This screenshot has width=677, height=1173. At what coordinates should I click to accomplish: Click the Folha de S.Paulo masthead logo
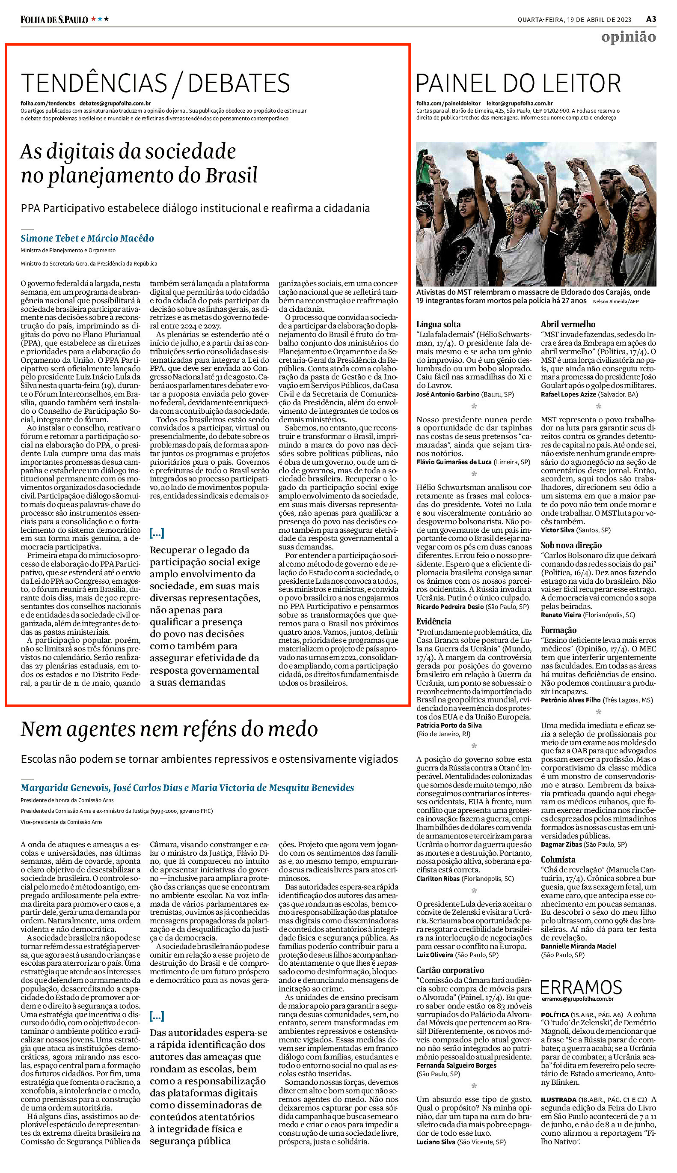[x=54, y=20]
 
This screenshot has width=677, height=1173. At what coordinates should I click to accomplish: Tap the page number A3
[x=651, y=19]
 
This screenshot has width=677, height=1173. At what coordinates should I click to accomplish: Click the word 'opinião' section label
[x=628, y=37]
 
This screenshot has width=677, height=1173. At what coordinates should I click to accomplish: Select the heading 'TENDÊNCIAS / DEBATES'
[x=155, y=84]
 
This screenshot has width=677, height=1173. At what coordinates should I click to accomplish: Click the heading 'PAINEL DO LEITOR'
[x=518, y=84]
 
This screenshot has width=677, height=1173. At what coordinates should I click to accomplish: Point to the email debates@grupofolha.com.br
[x=115, y=103]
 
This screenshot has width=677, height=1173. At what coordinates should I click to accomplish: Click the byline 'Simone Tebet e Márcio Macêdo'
[x=87, y=238]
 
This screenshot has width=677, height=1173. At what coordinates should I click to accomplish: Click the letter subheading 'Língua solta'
[x=438, y=324]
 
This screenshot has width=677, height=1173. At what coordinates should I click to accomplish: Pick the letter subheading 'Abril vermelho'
[x=568, y=324]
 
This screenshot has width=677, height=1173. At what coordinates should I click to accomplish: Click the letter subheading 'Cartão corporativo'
[x=450, y=970]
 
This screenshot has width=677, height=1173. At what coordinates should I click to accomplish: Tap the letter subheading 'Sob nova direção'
[x=571, y=545]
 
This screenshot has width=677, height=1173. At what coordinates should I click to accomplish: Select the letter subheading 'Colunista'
[x=558, y=860]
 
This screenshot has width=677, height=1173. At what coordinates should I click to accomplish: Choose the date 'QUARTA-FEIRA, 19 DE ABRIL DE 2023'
[x=574, y=20]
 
